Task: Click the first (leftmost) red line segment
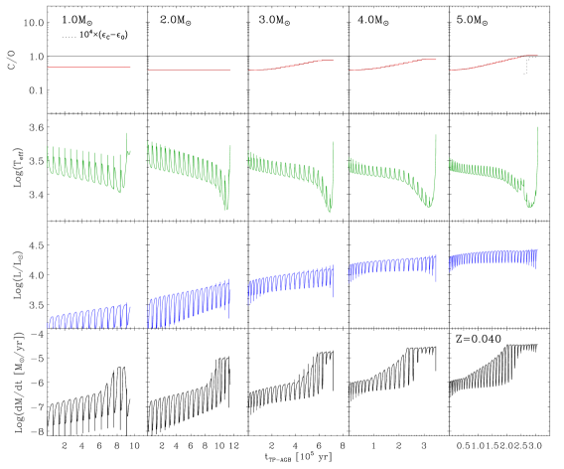pyautogui.click(x=89, y=68)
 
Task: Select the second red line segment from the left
pyautogui.click(x=190, y=70)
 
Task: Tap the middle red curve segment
pyautogui.click(x=291, y=66)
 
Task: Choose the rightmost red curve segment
pyautogui.click(x=493, y=63)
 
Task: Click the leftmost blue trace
pyautogui.click(x=89, y=317)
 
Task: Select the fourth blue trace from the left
pyautogui.click(x=392, y=266)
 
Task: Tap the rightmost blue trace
pyautogui.click(x=493, y=258)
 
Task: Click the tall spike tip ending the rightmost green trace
pyautogui.click(x=537, y=126)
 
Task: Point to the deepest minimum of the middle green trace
pyautogui.click(x=331, y=212)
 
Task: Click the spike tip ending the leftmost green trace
pyautogui.click(x=127, y=133)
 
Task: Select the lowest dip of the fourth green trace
pyautogui.click(x=429, y=207)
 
